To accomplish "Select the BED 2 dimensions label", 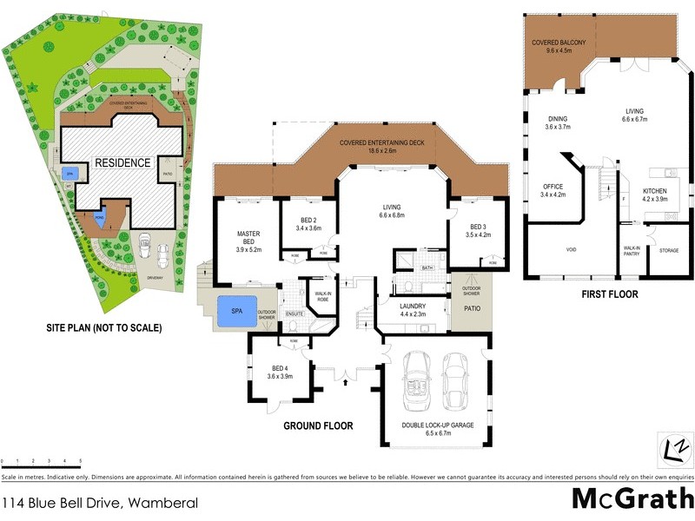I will pos(309,228).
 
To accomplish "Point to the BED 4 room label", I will pos(279,366).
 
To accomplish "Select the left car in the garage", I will pos(417,385).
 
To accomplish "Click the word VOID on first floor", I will pos(571,249).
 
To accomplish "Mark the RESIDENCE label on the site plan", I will pos(123,162).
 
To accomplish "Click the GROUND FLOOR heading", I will pos(318,426).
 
